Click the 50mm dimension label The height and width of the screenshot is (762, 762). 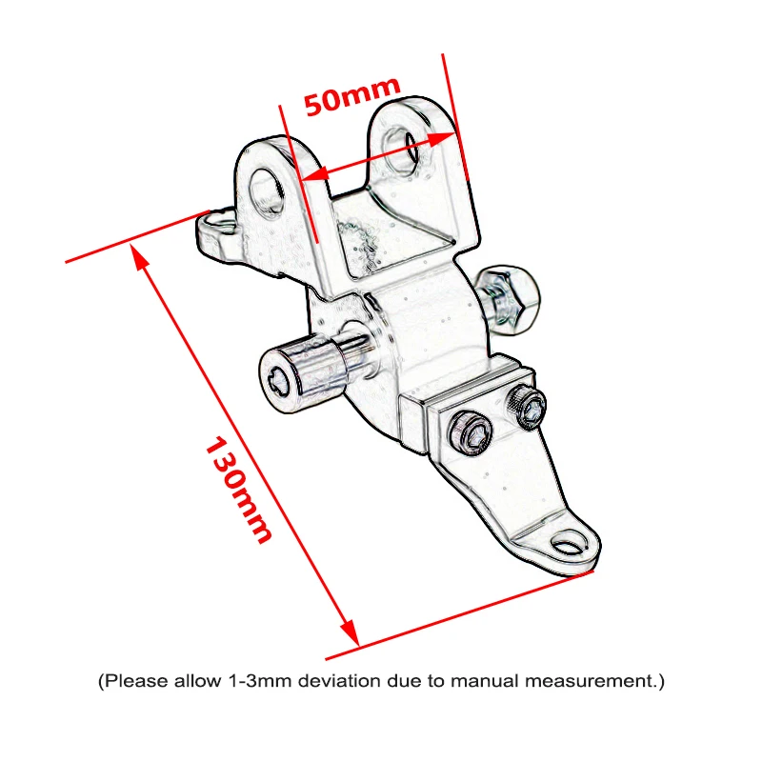(351, 96)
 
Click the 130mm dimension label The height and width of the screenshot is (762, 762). (238, 490)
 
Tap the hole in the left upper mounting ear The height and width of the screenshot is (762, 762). (267, 193)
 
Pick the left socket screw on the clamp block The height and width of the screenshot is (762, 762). (471, 431)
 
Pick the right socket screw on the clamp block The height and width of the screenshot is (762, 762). (527, 407)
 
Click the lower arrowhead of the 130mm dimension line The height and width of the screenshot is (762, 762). (350, 632)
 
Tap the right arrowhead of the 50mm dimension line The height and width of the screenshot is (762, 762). (442, 137)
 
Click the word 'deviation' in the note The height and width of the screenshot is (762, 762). (339, 680)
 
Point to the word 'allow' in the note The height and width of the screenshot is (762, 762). (198, 680)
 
